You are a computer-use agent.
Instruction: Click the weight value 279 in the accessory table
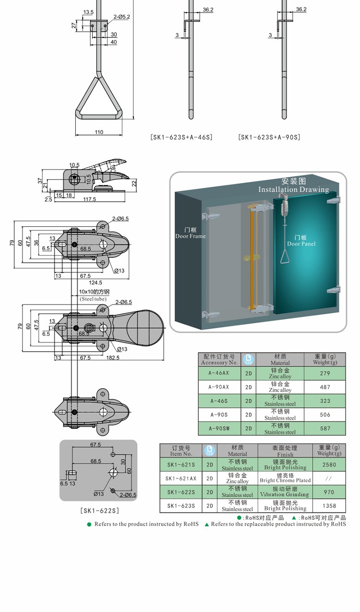point(324,373)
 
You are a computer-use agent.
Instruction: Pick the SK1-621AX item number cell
point(181,478)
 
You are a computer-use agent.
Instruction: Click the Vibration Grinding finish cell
point(285,492)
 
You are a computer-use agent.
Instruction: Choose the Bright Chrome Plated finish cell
point(285,478)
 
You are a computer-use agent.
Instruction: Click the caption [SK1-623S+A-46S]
point(181,137)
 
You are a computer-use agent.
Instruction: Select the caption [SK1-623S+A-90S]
point(269,137)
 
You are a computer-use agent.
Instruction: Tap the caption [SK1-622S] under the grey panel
point(98,510)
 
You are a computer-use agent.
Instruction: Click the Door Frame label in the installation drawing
point(191,233)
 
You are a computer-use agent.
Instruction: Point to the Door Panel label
point(301,241)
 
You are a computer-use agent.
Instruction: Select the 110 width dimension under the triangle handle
point(99,132)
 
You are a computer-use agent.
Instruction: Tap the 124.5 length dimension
point(95,282)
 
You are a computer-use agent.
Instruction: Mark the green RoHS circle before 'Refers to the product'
point(89,524)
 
